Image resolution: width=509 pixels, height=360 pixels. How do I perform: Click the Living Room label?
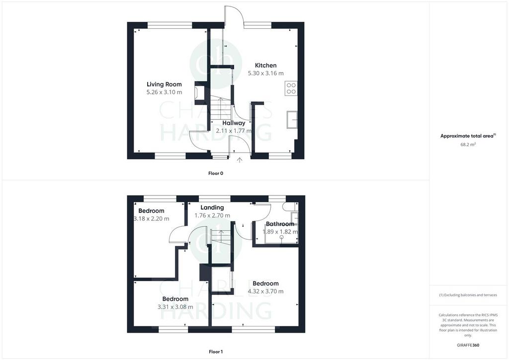point(164,85)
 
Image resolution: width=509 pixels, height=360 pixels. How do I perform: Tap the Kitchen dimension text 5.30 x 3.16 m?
point(265,74)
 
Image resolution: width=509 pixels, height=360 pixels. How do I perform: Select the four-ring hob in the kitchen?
point(291,89)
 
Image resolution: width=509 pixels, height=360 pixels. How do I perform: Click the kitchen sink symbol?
point(292,120)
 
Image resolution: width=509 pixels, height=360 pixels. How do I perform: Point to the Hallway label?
point(234,123)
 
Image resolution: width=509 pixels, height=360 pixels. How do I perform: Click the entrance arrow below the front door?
point(240,160)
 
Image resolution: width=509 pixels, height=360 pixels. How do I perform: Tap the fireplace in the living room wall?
point(198,93)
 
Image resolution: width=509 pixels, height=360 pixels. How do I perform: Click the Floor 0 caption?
point(216,174)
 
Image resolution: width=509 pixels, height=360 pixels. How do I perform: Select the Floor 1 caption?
point(216,352)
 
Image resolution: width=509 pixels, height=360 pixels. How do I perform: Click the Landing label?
point(212,207)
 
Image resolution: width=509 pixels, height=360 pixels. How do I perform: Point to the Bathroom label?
point(280,224)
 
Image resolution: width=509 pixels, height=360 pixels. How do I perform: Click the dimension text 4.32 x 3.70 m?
point(265,291)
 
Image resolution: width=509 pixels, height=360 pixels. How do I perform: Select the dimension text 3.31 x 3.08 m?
point(175,307)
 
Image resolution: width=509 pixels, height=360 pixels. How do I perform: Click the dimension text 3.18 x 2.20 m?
point(151,219)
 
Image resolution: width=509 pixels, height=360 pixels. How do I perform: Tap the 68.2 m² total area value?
point(468,145)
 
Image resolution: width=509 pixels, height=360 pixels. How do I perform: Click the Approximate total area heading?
point(468,136)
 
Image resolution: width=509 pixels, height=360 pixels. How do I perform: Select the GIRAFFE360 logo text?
point(468,345)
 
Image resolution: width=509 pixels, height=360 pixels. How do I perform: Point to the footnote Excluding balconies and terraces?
point(468,295)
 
